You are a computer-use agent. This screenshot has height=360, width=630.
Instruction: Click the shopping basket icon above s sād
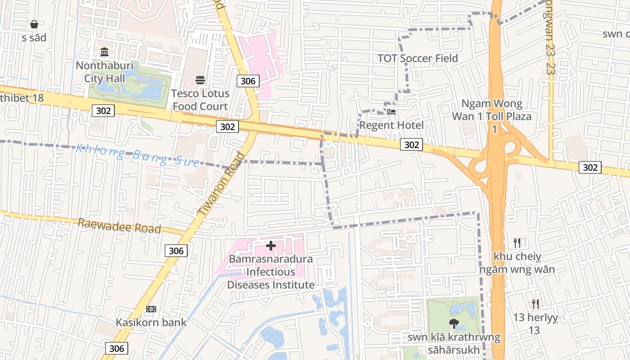pos(34,24)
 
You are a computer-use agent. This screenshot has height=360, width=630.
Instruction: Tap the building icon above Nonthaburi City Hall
pos(104,52)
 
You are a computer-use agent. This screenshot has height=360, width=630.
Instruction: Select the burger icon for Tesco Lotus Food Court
pos(200,80)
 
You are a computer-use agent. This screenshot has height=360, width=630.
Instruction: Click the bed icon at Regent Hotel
pos(391,112)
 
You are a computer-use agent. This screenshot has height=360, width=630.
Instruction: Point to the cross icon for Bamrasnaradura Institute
pos(270,246)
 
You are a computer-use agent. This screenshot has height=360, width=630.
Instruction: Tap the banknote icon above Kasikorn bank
pos(151,309)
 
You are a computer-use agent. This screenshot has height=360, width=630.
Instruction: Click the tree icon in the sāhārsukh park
pos(454,323)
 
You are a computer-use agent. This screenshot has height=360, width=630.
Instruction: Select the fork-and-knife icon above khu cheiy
pos(517,243)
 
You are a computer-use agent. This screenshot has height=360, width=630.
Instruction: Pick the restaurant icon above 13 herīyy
pos(535,304)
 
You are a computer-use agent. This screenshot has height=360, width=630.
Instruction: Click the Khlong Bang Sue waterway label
pos(137,155)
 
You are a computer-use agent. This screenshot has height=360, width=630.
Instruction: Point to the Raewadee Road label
pos(119,225)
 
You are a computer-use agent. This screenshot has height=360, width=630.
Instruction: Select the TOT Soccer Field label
pos(417,58)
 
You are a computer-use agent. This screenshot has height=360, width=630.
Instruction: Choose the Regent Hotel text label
pos(391,125)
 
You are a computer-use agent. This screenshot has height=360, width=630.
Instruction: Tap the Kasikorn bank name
pos(151,323)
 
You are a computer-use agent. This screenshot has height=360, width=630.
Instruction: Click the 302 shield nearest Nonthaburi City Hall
pos(103,110)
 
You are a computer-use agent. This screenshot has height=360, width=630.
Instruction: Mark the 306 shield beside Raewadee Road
pos(175,251)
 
